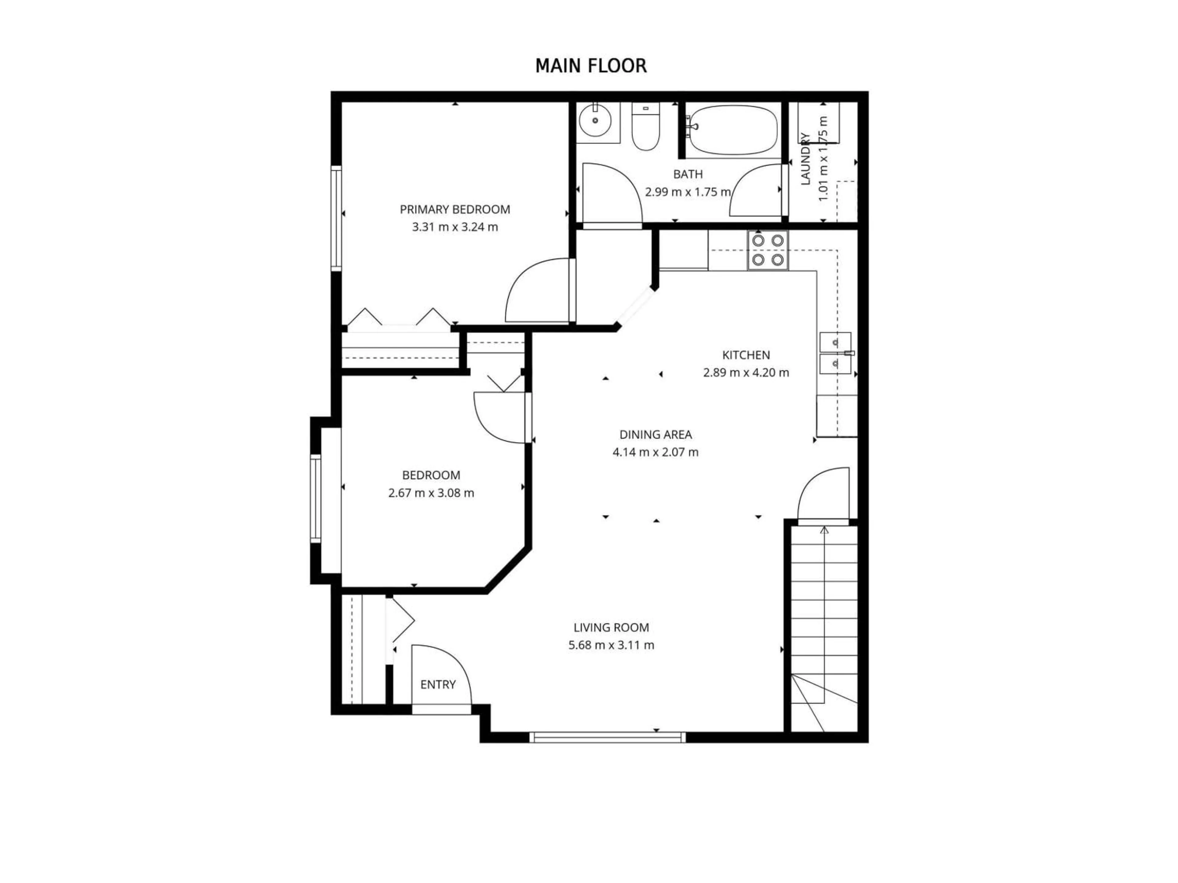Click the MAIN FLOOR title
(x=591, y=66)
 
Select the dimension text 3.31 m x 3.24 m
(x=455, y=227)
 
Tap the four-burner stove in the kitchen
(x=768, y=250)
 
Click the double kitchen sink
(x=835, y=354)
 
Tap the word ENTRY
(x=438, y=684)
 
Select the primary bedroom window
(x=336, y=218)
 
